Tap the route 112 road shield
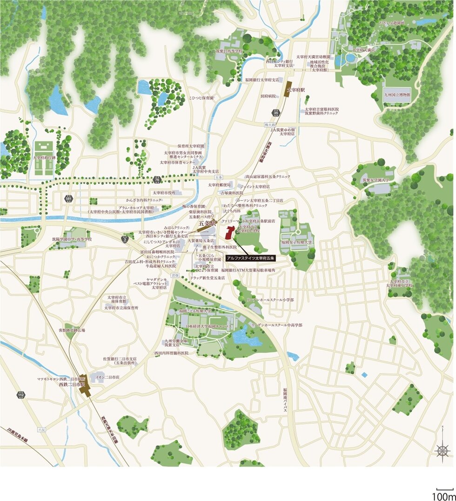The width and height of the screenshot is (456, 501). click(x=20, y=395)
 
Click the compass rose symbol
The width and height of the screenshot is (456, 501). click(x=442, y=450)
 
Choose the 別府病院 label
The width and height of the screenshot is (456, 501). click(x=268, y=96)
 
